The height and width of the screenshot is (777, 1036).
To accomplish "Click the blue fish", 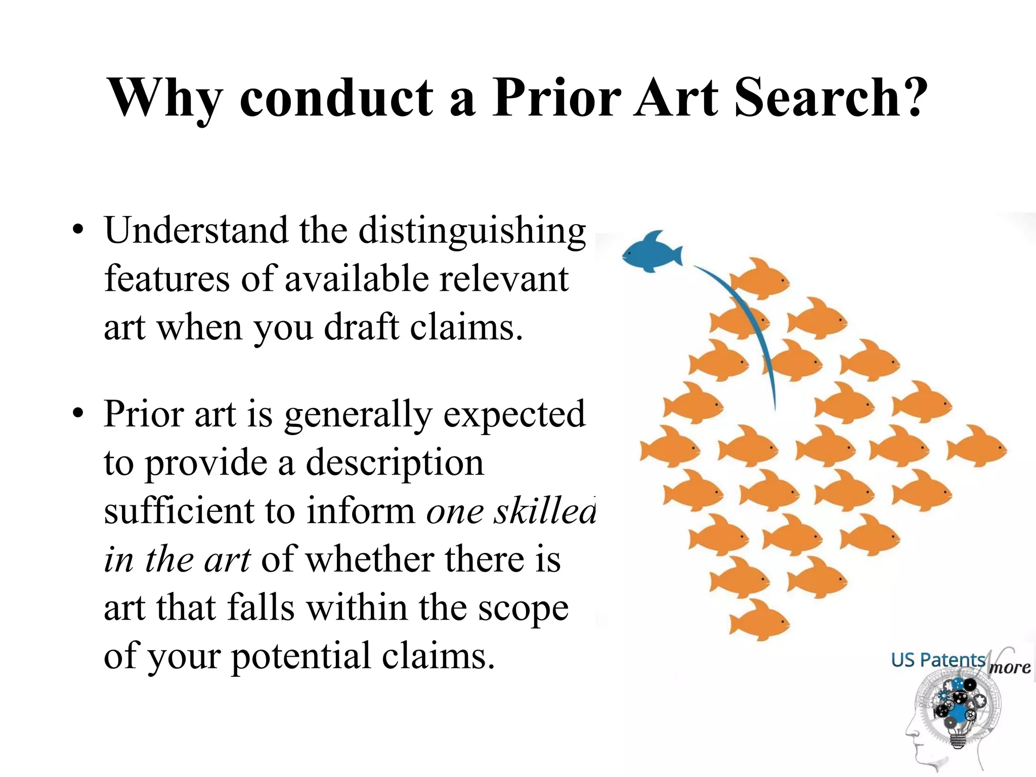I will pyautogui.click(x=652, y=252).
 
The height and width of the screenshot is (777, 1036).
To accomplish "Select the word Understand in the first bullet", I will pyautogui.click(x=195, y=231).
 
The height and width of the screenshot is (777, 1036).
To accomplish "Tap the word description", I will pyautogui.click(x=395, y=463).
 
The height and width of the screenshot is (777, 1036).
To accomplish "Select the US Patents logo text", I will pyautogui.click(x=938, y=660).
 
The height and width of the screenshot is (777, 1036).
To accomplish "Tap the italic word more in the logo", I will pyautogui.click(x=1009, y=668).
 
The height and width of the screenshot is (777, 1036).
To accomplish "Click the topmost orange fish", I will pyautogui.click(x=759, y=279).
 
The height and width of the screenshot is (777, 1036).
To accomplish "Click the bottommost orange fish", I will pyautogui.click(x=759, y=620).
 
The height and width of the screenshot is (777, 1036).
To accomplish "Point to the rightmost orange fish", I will pyautogui.click(x=976, y=446).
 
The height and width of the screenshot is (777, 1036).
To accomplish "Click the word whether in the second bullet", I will pyautogui.click(x=370, y=560).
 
